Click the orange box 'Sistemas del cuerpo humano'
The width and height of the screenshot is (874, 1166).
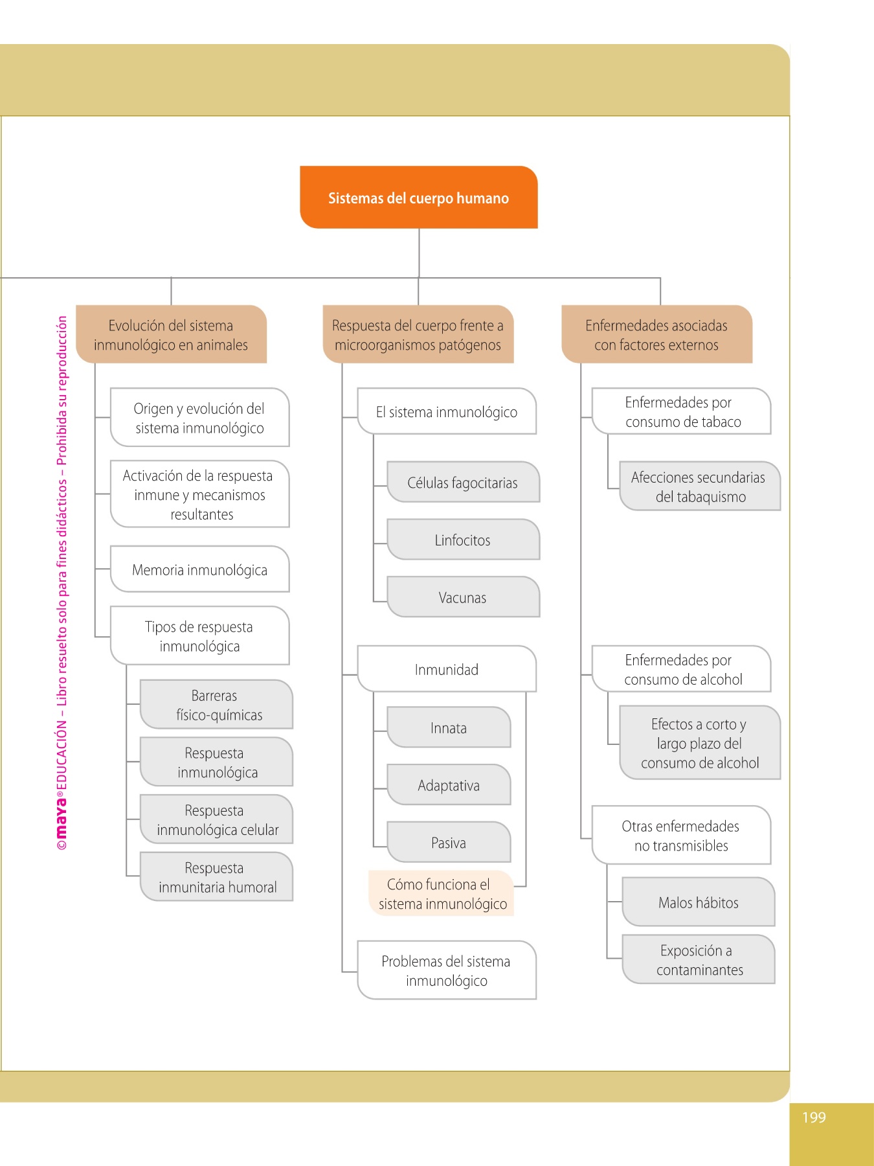pyautogui.click(x=418, y=198)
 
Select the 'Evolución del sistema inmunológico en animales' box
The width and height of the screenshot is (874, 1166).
pyautogui.click(x=171, y=334)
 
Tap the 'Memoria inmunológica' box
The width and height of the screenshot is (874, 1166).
pyautogui.click(x=199, y=569)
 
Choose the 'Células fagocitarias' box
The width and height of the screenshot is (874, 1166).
pyautogui.click(x=463, y=483)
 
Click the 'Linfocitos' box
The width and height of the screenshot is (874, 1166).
pyautogui.click(x=463, y=540)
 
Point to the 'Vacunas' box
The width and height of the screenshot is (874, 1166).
pyautogui.click(x=463, y=597)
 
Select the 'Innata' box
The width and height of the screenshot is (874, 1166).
pyautogui.click(x=449, y=727)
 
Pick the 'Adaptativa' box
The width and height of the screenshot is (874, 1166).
pyautogui.click(x=449, y=785)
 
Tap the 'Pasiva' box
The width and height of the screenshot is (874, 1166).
pyautogui.click(x=449, y=842)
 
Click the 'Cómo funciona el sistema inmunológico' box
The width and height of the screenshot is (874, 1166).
pyautogui.click(x=442, y=894)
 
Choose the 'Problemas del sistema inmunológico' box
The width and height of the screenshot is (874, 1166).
pyautogui.click(x=446, y=970)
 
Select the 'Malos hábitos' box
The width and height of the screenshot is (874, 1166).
pyautogui.click(x=698, y=902)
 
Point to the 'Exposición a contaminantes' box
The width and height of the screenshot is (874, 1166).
pyautogui.click(x=698, y=959)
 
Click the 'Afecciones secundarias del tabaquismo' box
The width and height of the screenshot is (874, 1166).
pyautogui.click(x=699, y=486)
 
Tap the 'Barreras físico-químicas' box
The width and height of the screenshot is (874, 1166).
pyautogui.click(x=216, y=705)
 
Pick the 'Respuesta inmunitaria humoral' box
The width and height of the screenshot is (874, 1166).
pyautogui.click(x=216, y=877)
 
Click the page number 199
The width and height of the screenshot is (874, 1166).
pyautogui.click(x=814, y=1117)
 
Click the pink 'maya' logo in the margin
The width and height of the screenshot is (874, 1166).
pyautogui.click(x=62, y=816)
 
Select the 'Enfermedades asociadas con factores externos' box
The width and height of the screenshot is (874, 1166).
pyautogui.click(x=656, y=334)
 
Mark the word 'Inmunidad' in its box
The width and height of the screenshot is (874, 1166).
pyautogui.click(x=446, y=669)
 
